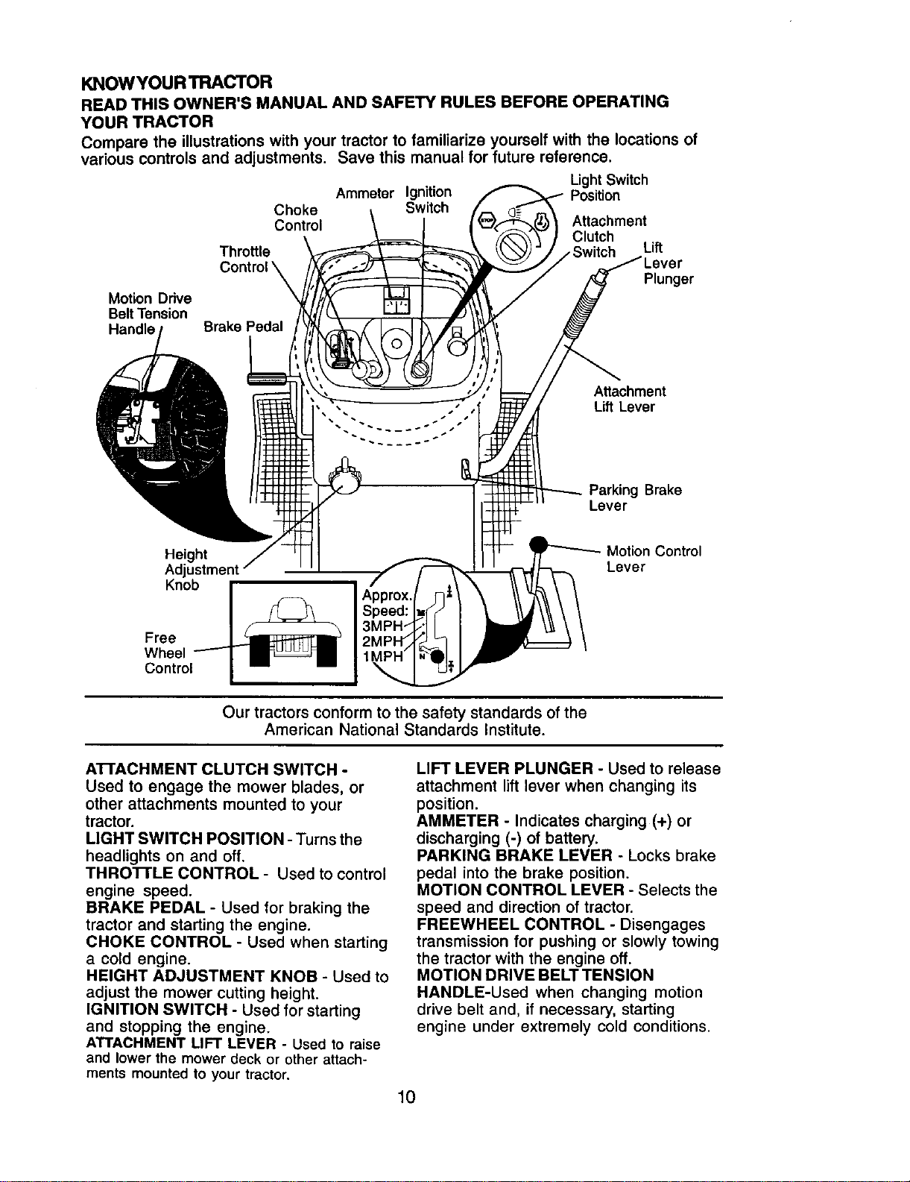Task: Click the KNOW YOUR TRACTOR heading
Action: tap(176, 83)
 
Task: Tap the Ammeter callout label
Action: tap(364, 194)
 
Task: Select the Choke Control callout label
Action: tap(298, 218)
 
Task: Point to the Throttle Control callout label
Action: tap(244, 259)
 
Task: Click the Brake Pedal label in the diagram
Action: tap(243, 327)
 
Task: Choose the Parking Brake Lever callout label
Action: tap(635, 497)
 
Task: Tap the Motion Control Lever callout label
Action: tap(654, 559)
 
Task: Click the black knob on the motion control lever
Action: tap(539, 544)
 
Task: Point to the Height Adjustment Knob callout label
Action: tap(201, 570)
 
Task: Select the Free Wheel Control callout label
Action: tap(168, 653)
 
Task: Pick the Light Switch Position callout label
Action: tap(609, 188)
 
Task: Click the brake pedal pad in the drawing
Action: tap(266, 379)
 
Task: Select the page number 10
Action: tap(406, 1097)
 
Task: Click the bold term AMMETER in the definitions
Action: tap(457, 820)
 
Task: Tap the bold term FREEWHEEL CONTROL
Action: tap(510, 924)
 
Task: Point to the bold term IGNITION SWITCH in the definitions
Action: tap(157, 1010)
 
